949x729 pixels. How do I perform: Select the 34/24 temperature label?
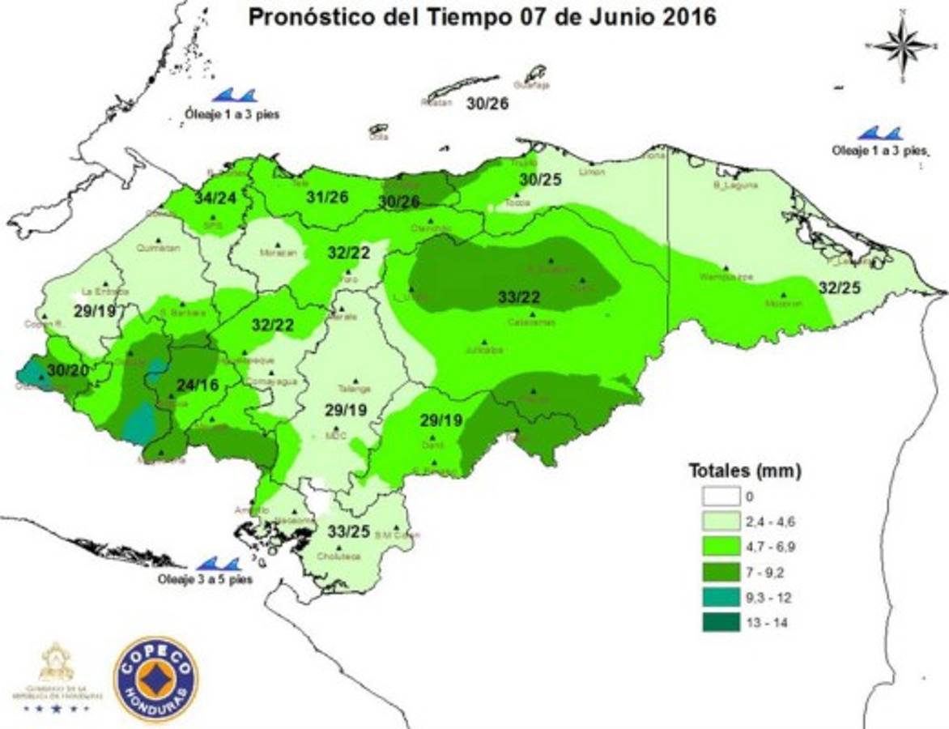coord(215,198)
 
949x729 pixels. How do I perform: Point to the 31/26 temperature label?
coord(327,198)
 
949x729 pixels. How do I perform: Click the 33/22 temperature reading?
coord(519,297)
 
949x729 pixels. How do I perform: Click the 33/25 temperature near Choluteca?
coord(349,532)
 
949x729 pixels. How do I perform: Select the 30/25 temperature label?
coord(540,180)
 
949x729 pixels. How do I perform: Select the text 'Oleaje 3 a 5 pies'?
coord(205,579)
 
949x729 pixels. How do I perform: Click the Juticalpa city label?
coord(485,351)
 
